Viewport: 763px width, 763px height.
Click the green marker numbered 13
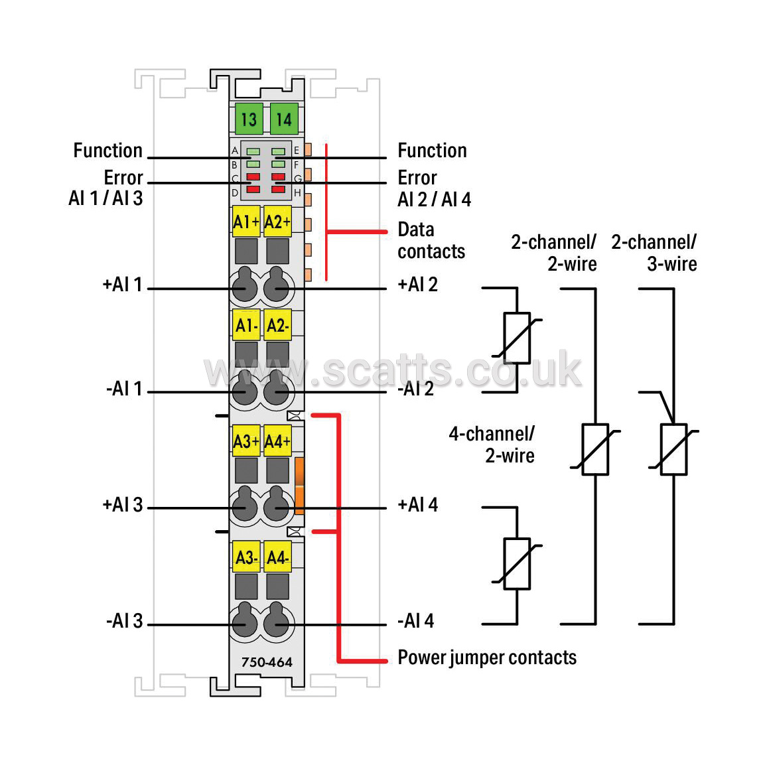click(249, 119)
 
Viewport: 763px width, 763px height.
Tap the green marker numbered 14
click(284, 119)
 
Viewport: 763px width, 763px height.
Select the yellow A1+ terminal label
click(246, 222)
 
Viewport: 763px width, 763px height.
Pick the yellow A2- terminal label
click(278, 324)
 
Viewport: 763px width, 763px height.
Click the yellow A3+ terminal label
click(246, 441)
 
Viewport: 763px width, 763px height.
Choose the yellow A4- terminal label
click(278, 557)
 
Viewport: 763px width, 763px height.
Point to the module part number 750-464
click(267, 662)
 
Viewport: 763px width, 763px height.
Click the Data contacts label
click(431, 240)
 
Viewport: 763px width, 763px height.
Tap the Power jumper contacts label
click(487, 658)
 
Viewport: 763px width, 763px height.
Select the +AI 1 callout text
click(122, 284)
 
